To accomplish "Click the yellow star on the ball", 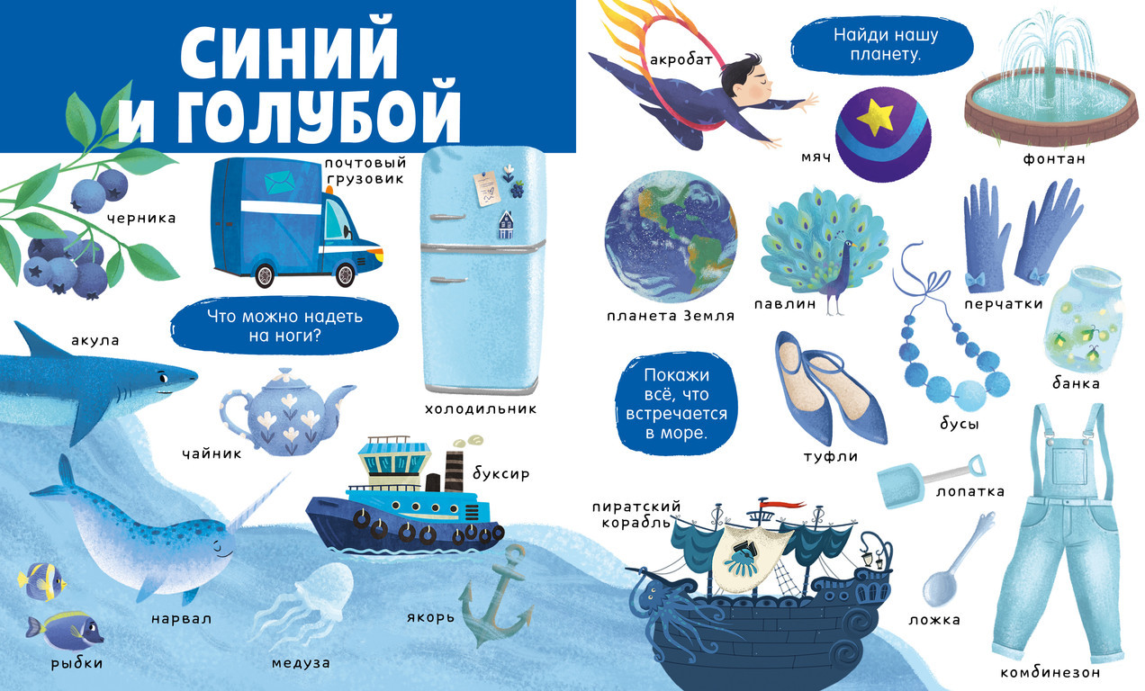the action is tap(875, 117).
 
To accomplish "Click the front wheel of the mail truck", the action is tap(346, 274).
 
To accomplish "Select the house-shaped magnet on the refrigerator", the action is tap(506, 225).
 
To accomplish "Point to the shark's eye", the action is tap(163, 379).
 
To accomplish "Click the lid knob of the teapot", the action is tap(285, 372).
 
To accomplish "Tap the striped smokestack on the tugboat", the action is tap(453, 471).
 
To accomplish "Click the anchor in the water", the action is tap(496, 596).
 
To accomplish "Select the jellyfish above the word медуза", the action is tap(306, 605).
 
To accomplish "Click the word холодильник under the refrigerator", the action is tap(481, 408).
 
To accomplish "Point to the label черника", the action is tap(141, 219).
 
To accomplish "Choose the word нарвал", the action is tap(182, 619).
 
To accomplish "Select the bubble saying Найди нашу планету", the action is tap(882, 45).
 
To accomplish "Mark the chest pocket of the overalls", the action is tap(1068, 463).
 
